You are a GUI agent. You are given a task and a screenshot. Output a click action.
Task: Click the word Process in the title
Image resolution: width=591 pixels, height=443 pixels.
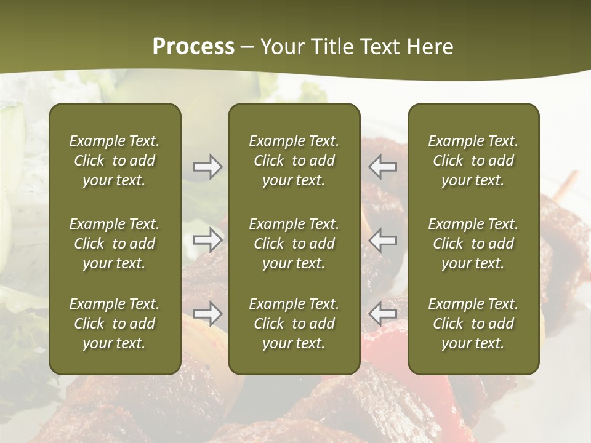click(x=193, y=47)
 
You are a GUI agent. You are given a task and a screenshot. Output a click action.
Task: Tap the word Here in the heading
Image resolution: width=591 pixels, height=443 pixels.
click(x=429, y=47)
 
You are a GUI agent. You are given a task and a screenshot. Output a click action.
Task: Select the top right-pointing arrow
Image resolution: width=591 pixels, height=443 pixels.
click(x=208, y=167)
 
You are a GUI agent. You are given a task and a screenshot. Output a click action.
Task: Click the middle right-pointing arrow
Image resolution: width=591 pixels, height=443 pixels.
click(x=208, y=239)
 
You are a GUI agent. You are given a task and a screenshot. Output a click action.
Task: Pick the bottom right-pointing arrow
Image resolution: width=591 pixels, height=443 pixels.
click(x=208, y=314)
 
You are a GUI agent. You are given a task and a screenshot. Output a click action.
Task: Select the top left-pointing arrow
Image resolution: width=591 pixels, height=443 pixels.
click(x=382, y=167)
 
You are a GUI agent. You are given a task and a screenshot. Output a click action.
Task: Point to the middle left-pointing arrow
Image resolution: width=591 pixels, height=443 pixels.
click(x=382, y=239)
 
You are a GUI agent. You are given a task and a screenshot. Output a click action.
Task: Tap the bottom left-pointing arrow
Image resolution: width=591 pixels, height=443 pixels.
click(x=382, y=314)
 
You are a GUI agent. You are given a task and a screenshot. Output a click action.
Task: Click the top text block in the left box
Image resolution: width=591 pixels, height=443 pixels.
click(x=115, y=161)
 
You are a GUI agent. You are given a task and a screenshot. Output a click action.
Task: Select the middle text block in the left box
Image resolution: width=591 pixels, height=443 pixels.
click(x=115, y=244)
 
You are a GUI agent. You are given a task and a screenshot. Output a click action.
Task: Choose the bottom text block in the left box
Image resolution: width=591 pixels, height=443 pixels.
click(x=115, y=324)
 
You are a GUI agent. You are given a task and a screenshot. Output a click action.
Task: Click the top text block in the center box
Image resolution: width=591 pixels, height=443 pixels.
click(x=294, y=161)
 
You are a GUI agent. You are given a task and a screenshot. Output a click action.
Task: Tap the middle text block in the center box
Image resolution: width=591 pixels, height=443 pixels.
click(x=294, y=244)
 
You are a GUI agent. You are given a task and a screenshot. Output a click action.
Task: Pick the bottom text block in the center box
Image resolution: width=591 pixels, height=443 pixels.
click(x=294, y=324)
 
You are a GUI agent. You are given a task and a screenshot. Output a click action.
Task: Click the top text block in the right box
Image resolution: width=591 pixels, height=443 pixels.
click(x=473, y=161)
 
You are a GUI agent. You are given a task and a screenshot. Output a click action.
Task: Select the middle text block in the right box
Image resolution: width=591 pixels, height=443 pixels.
click(x=473, y=244)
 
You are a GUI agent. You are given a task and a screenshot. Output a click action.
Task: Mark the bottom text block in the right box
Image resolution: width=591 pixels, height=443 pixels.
click(x=473, y=324)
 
